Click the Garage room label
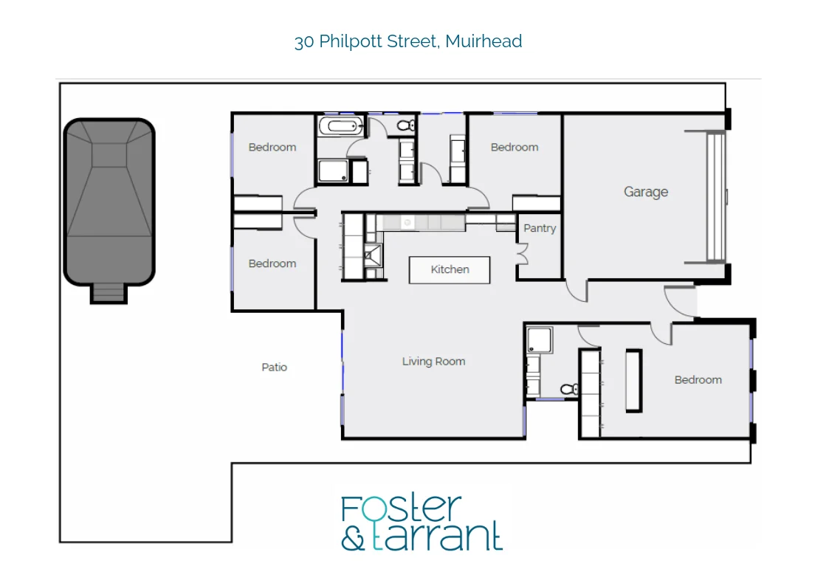click(x=646, y=192)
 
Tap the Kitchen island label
click(x=450, y=269)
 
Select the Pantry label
click(x=540, y=228)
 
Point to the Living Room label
click(x=433, y=362)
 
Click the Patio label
click(x=275, y=367)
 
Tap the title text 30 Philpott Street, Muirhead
click(x=408, y=41)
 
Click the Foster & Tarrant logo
click(x=422, y=523)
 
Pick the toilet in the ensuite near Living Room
click(x=568, y=388)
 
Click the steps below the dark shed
click(x=109, y=294)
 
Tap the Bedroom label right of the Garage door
click(x=698, y=380)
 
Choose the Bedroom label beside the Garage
click(x=515, y=147)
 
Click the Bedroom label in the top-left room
click(x=272, y=147)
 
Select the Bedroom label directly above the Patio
click(x=272, y=263)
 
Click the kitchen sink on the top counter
click(x=406, y=221)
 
